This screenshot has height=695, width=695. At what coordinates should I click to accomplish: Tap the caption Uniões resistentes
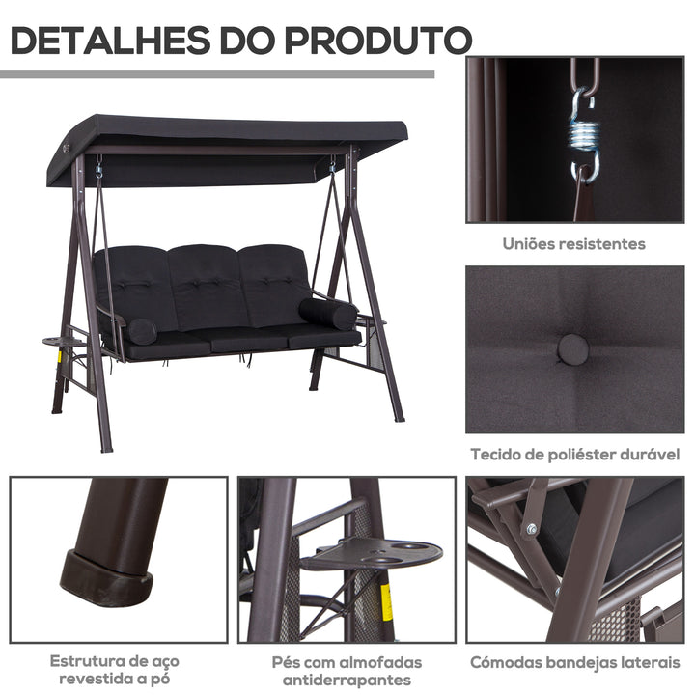point(573,244)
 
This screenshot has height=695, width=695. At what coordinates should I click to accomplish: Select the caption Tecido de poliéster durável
point(575,454)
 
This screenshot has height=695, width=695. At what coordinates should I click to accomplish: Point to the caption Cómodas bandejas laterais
point(575,663)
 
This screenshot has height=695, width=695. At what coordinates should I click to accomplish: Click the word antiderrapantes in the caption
point(347,681)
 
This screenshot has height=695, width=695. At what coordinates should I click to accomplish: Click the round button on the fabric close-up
point(572,347)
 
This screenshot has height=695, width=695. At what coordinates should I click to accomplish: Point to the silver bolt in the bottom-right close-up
point(531,528)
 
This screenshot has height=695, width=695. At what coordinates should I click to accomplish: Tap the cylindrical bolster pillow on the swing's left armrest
point(141,331)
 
